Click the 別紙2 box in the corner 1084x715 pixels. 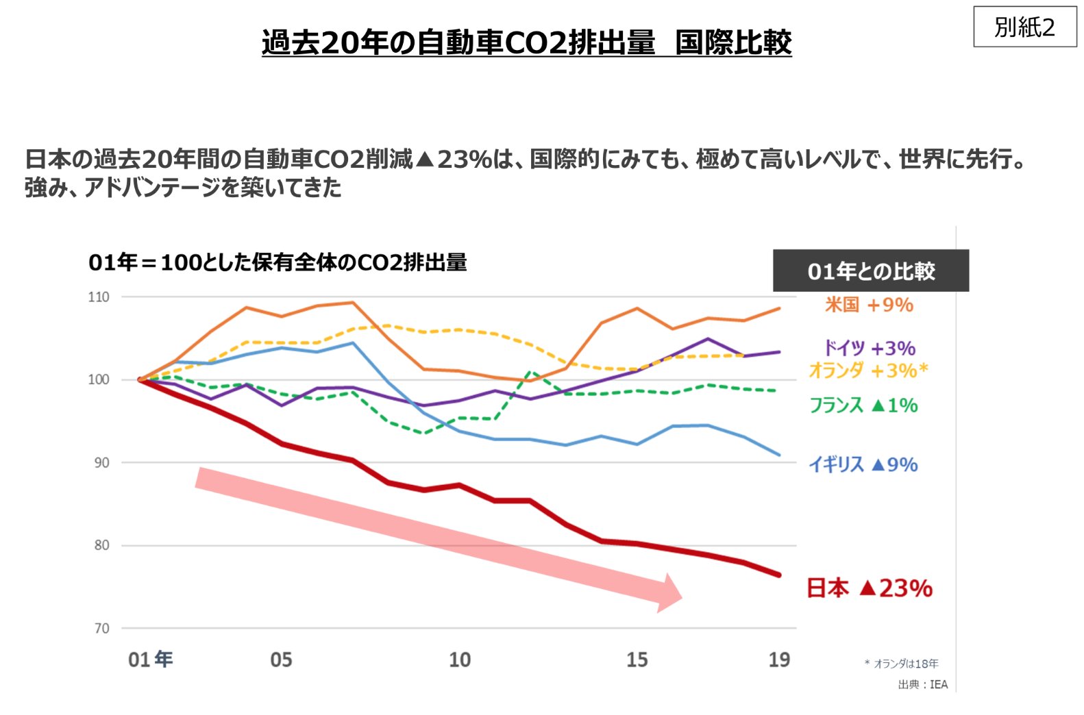tap(1024, 27)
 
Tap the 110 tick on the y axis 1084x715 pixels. tap(99, 297)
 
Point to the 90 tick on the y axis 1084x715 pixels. tap(101, 463)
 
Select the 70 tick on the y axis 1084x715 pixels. tap(101, 629)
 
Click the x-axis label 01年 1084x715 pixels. tap(151, 660)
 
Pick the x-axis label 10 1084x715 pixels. tap(460, 660)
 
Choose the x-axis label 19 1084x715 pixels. tap(779, 660)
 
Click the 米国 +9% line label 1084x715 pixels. tap(869, 305)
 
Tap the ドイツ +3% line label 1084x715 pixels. tap(869, 348)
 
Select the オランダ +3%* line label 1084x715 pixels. tap(868, 371)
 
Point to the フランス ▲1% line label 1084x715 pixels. tap(863, 405)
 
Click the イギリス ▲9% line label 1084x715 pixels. tap(863, 464)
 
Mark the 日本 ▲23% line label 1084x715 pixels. tap(869, 588)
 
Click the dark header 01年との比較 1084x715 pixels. tap(871, 271)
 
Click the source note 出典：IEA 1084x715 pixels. tap(923, 684)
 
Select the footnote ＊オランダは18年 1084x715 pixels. tap(902, 664)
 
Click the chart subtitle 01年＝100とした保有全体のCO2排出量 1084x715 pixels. tap(278, 262)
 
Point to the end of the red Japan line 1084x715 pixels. tap(779, 575)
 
